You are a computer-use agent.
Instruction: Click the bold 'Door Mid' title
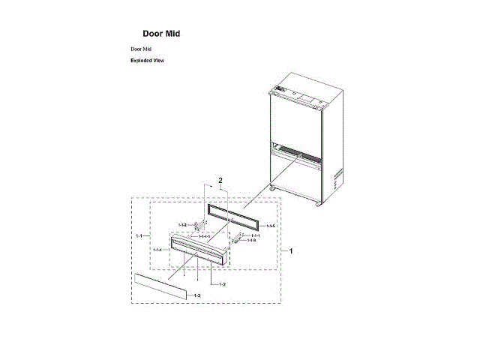161,34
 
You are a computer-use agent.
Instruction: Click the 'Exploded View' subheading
147,60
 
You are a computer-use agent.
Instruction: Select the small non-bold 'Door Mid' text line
141,49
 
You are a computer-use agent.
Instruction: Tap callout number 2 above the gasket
220,181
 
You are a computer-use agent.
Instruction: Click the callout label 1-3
196,297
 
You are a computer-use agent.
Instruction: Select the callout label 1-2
215,285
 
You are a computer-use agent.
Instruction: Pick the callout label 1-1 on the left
139,235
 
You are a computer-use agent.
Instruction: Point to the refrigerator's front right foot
321,203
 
